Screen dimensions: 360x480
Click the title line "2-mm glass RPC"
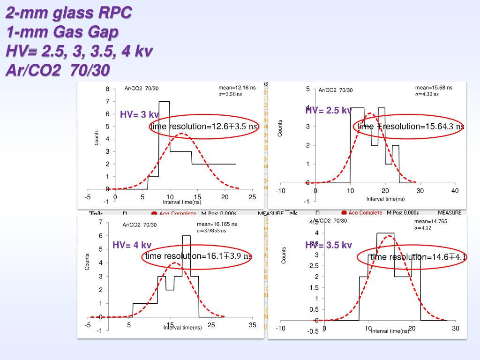pos(69,13)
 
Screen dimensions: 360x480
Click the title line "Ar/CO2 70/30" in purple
pos(58,70)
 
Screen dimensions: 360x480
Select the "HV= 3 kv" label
pos(139,115)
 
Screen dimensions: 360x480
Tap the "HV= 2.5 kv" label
pos(328,111)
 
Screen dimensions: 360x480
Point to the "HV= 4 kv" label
pos(132,245)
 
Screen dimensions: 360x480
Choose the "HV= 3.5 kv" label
pos(328,245)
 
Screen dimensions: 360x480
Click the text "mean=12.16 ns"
pos(237,88)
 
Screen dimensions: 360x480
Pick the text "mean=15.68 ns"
pos(434,88)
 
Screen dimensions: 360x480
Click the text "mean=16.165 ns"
pos(217,225)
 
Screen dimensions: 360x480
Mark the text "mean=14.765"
pos(428,221)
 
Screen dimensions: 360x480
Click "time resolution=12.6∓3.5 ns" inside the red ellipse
pos(204,127)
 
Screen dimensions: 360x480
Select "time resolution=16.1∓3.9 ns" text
pos(198,256)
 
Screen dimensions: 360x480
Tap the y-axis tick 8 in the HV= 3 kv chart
pos(107,89)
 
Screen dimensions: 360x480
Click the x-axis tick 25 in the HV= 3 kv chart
pos(252,197)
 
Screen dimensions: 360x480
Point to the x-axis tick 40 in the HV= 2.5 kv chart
pos(455,191)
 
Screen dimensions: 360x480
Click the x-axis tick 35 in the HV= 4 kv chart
pos(252,325)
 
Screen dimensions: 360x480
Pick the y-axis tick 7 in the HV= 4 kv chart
pos(100,222)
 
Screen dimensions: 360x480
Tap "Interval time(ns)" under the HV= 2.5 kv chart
pos(385,199)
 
